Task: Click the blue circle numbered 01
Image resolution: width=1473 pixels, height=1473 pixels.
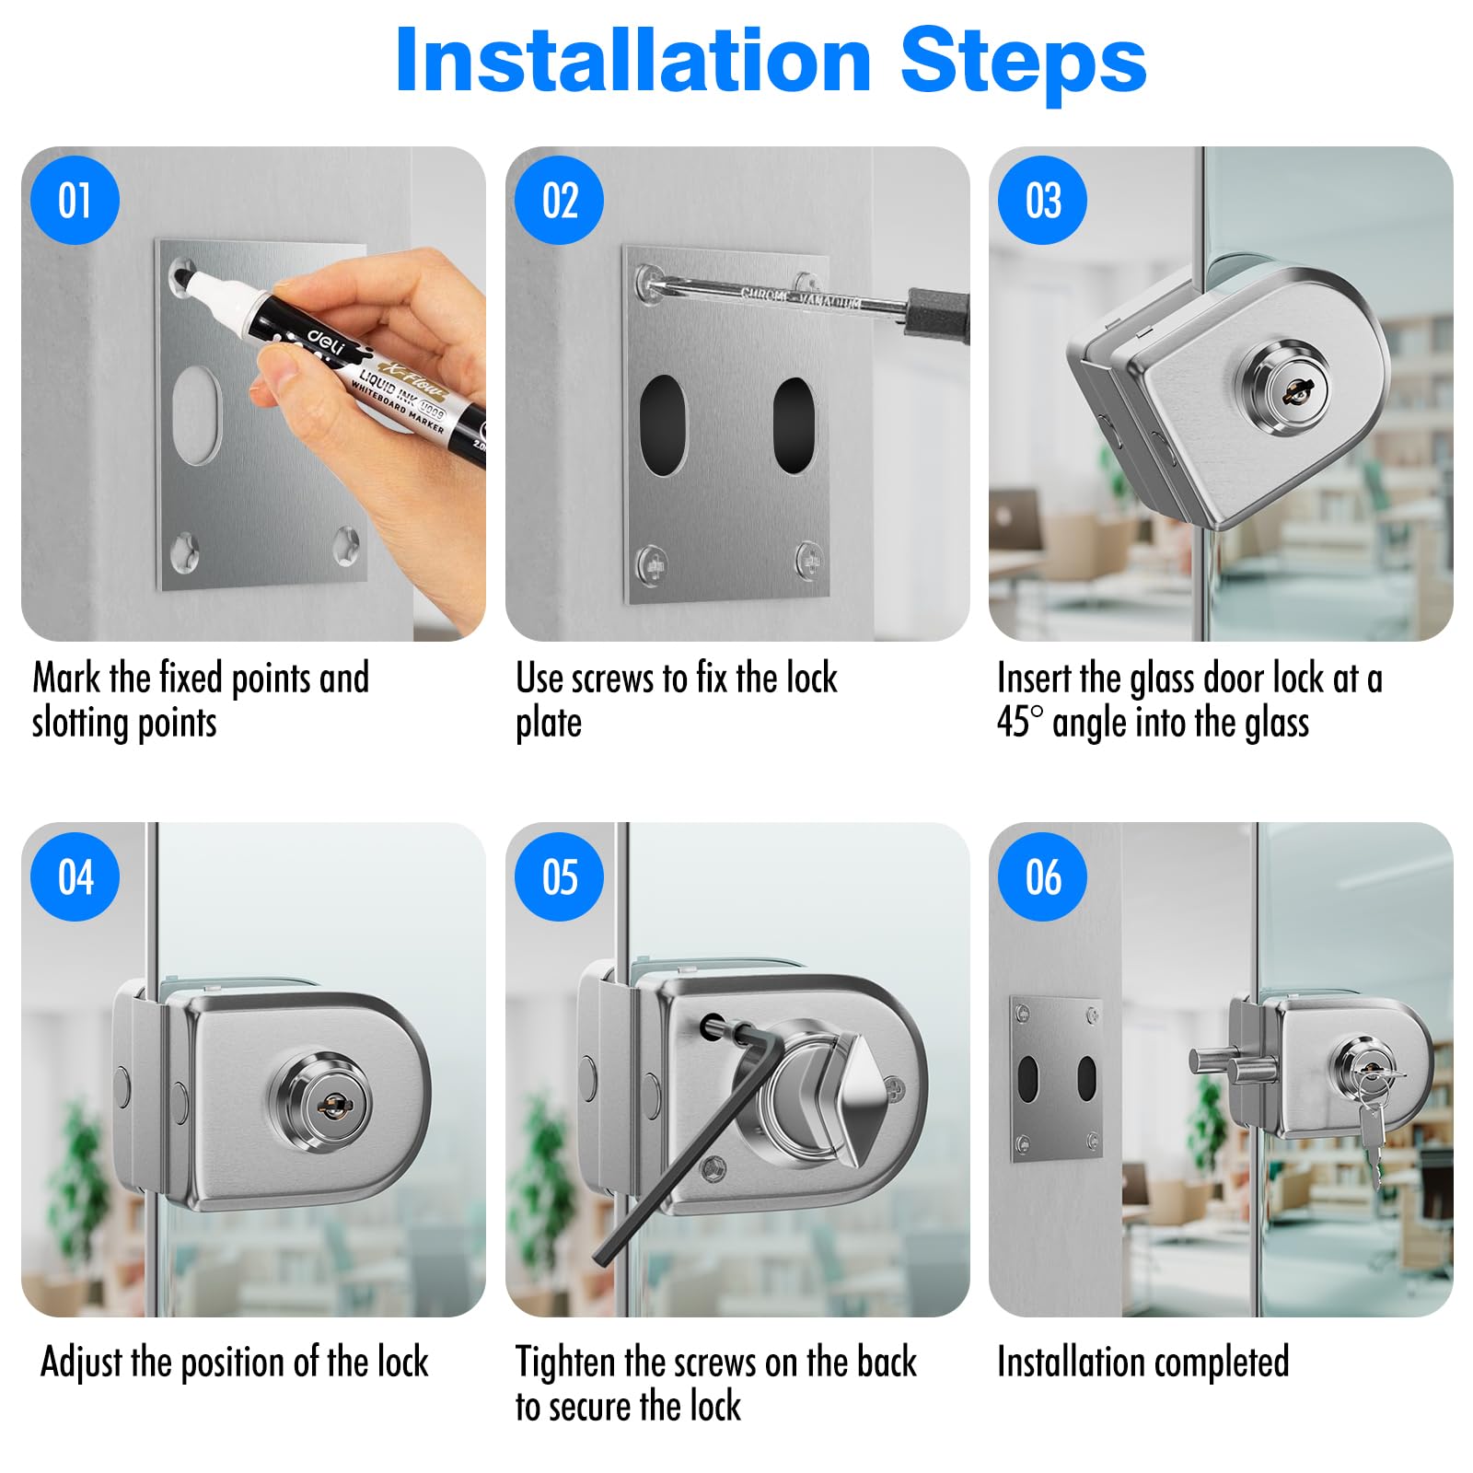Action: [x=75, y=200]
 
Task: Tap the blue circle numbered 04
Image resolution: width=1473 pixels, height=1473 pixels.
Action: [x=75, y=876]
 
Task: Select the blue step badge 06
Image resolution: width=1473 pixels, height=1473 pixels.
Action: [x=1043, y=876]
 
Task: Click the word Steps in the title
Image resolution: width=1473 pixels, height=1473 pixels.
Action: [x=1023, y=61]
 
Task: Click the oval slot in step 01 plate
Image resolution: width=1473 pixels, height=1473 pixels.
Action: [x=197, y=414]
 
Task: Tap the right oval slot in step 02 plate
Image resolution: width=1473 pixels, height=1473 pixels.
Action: [x=794, y=424]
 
